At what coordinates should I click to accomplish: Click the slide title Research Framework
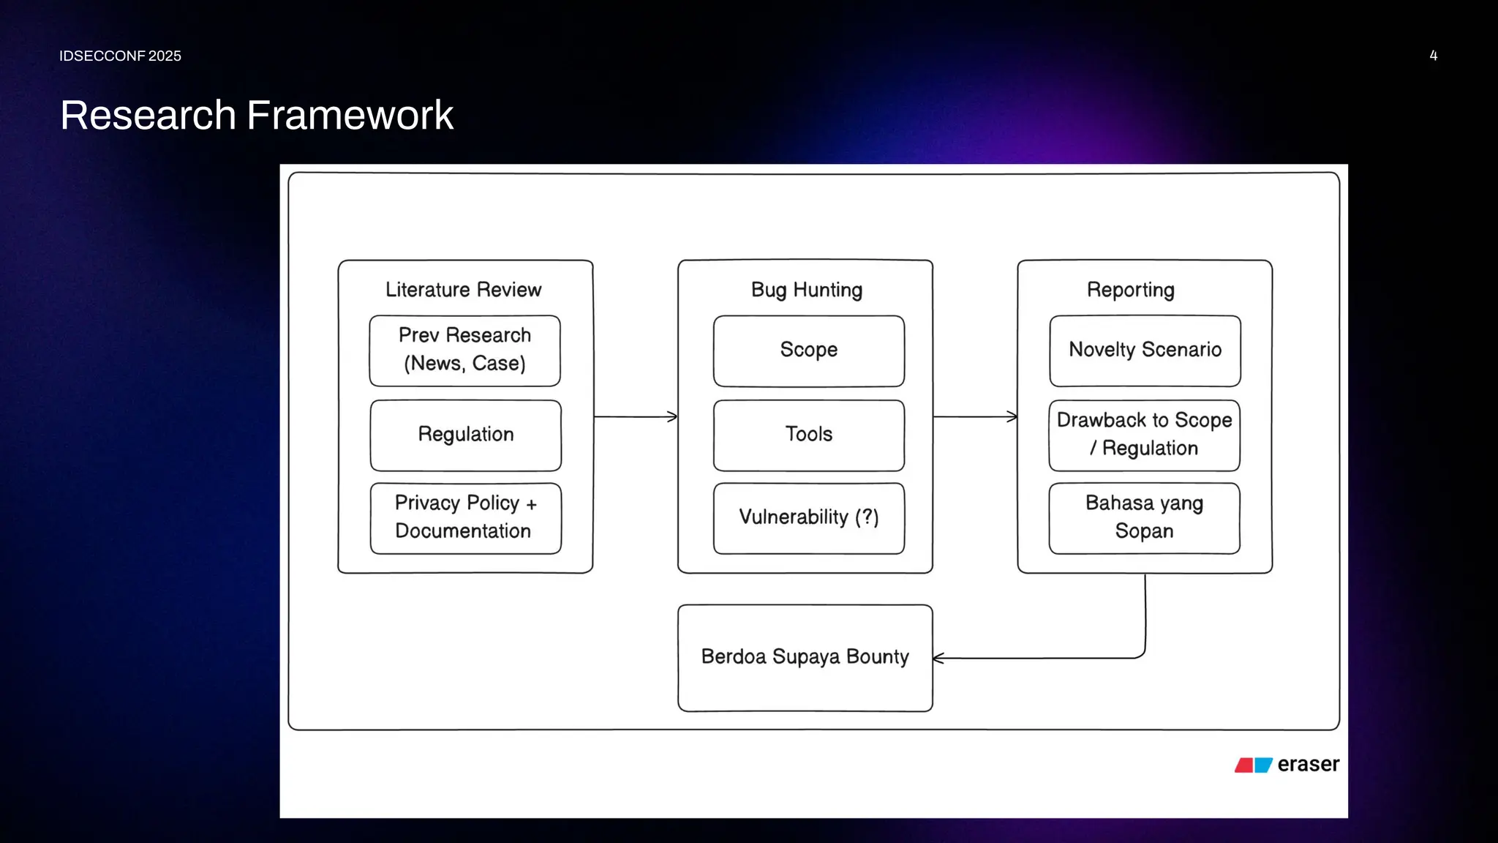click(x=257, y=116)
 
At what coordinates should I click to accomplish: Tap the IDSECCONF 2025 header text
click(x=120, y=56)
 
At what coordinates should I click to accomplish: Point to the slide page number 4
click(x=1433, y=56)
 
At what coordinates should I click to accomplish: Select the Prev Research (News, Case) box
click(x=464, y=351)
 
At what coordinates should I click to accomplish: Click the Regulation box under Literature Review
click(x=465, y=435)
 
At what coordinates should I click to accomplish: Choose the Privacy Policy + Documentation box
click(x=465, y=517)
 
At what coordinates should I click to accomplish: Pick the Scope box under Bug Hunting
click(x=808, y=351)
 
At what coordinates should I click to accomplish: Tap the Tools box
click(x=808, y=435)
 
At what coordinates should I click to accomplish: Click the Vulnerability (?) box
click(x=808, y=517)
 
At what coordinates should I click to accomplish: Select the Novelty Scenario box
click(x=1145, y=351)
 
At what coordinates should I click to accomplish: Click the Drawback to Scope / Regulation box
click(x=1144, y=435)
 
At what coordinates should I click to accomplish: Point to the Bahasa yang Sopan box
click(x=1144, y=517)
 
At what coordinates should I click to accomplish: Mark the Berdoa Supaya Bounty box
click(x=805, y=657)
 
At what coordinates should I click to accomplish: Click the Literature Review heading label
click(x=463, y=290)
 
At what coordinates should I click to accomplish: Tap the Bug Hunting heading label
click(x=806, y=290)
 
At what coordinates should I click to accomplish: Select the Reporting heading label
click(x=1130, y=290)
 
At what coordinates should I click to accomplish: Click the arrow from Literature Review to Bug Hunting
click(x=635, y=417)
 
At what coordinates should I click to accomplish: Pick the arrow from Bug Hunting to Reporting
click(x=975, y=417)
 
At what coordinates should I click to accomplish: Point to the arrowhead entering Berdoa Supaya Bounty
click(x=938, y=659)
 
